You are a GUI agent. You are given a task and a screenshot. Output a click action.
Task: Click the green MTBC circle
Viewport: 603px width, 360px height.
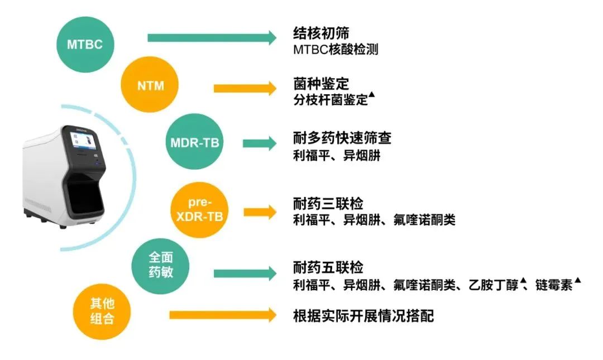click(x=85, y=44)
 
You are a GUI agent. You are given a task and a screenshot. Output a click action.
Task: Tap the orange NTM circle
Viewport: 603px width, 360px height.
click(x=150, y=85)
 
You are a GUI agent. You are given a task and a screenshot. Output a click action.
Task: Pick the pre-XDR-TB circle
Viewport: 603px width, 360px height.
click(x=199, y=210)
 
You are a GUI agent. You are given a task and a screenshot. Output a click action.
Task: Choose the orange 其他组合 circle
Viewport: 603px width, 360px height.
click(x=102, y=311)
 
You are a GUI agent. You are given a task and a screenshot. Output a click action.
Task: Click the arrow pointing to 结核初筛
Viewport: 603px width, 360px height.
click(x=212, y=38)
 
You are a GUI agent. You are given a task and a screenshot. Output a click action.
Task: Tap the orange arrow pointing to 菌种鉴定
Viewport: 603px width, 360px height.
click(x=245, y=88)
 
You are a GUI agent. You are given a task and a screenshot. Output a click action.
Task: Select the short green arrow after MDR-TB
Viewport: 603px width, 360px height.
click(x=260, y=143)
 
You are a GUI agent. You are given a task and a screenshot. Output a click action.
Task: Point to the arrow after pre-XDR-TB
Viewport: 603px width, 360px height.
click(x=260, y=212)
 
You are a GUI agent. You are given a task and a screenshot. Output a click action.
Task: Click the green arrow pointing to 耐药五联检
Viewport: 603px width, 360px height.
click(x=245, y=273)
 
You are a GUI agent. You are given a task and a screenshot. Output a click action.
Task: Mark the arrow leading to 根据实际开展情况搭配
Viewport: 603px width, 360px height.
click(x=223, y=315)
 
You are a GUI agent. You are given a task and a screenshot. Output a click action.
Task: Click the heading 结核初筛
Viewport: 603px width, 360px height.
click(x=321, y=33)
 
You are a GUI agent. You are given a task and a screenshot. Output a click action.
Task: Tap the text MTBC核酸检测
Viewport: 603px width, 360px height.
click(x=336, y=50)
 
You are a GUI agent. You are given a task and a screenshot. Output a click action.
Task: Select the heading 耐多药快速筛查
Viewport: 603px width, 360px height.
click(x=342, y=138)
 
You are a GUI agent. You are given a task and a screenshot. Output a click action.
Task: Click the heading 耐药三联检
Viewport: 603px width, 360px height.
click(x=328, y=203)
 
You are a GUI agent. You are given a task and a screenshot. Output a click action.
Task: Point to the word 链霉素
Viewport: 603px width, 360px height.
click(x=554, y=285)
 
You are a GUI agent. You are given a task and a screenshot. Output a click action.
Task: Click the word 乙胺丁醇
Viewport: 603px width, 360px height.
click(x=494, y=285)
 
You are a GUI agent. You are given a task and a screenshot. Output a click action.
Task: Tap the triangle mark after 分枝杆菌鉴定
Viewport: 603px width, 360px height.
click(x=371, y=94)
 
